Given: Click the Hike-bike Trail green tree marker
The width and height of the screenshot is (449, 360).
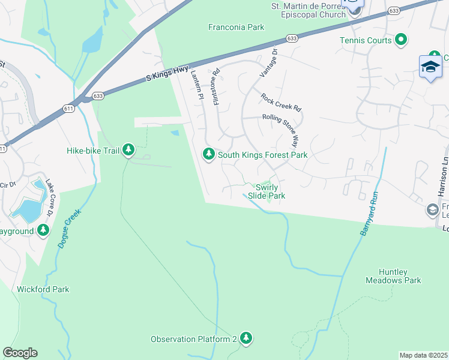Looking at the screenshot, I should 128,149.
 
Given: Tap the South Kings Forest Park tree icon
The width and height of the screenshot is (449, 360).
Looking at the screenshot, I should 209,155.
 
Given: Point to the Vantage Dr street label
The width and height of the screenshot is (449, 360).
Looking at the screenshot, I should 268,61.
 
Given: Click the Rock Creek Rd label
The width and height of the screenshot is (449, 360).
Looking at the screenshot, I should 280,102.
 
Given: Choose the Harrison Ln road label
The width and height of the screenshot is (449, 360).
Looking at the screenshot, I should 443,177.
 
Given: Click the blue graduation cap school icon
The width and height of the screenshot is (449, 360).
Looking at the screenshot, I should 430,67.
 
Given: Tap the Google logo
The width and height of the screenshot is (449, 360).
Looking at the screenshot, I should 20,353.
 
